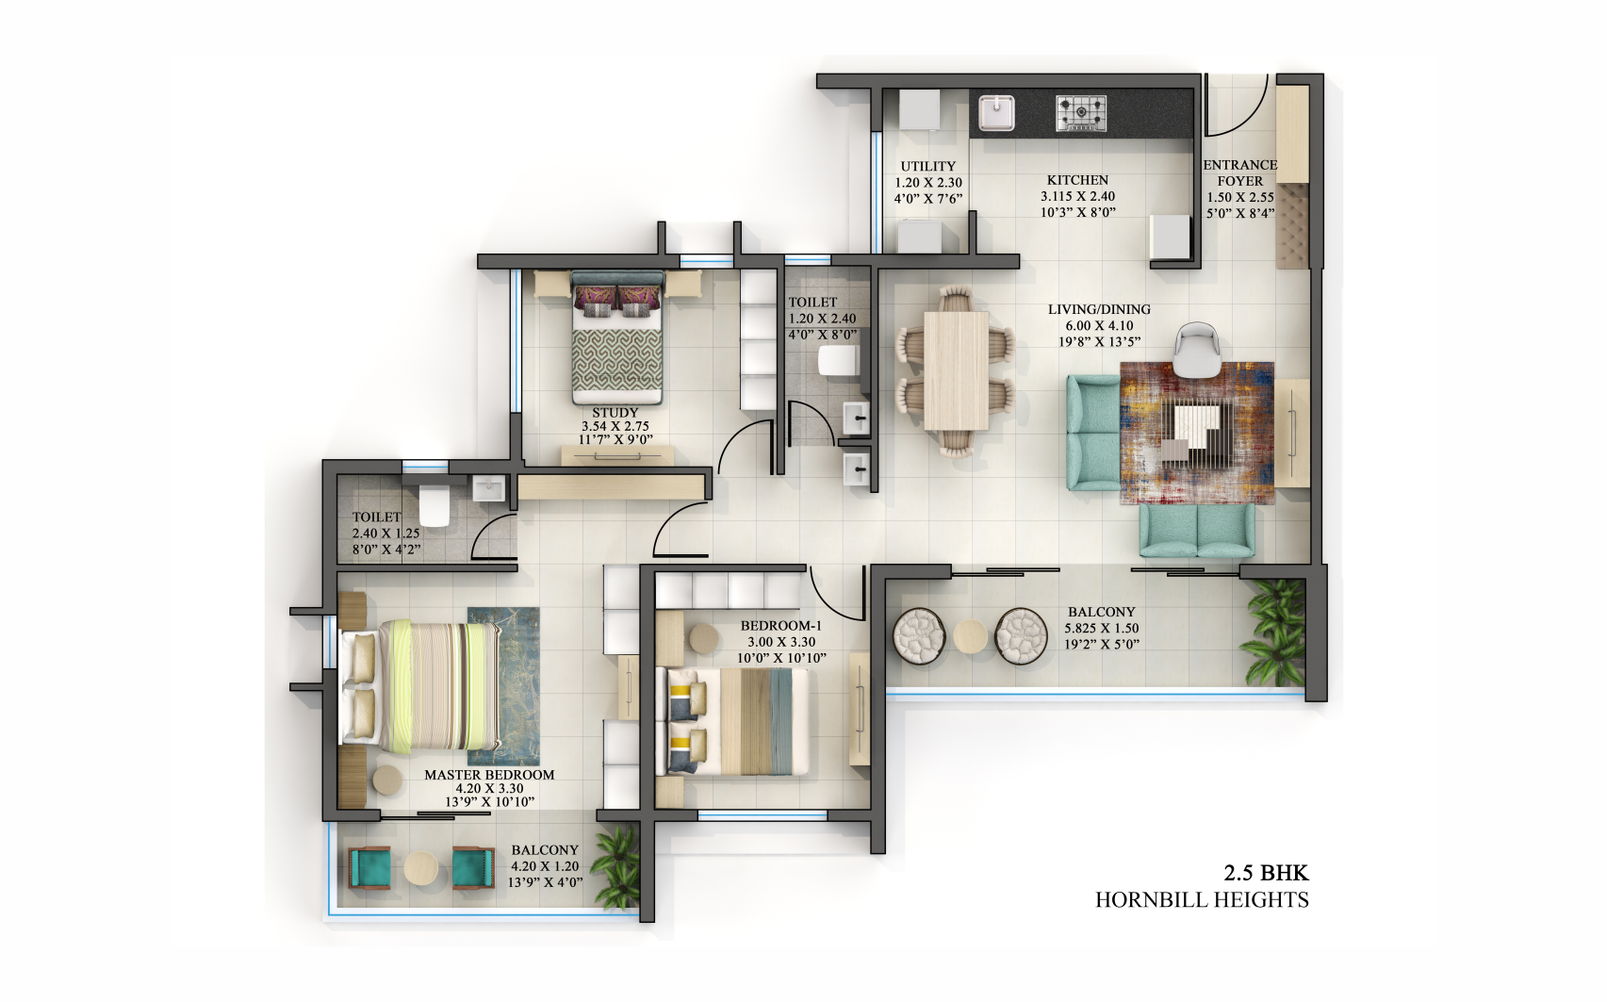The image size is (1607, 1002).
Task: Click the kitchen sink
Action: click(995, 114)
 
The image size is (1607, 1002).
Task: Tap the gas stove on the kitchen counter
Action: click(1080, 113)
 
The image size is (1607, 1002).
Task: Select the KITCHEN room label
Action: click(1077, 180)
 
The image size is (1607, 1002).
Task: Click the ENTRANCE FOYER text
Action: click(1239, 172)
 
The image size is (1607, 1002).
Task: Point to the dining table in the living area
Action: click(955, 370)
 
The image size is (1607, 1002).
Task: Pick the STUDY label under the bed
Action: click(615, 413)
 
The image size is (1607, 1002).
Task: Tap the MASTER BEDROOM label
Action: click(489, 775)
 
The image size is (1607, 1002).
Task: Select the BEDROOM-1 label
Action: click(780, 626)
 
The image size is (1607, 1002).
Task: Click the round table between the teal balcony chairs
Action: click(421, 868)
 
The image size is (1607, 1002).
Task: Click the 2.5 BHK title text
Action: click(1266, 873)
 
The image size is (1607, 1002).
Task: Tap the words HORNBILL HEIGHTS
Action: click(1201, 900)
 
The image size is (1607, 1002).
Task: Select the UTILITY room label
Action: click(927, 167)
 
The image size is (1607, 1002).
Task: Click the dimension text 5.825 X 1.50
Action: click(1101, 629)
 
